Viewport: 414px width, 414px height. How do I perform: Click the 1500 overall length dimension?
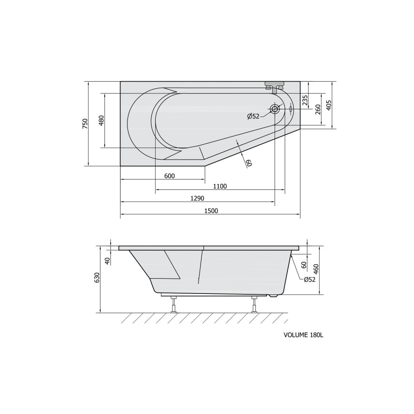(x=211, y=211)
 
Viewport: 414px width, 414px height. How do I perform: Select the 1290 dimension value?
(x=197, y=198)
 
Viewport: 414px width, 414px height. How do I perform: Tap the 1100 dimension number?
(x=220, y=186)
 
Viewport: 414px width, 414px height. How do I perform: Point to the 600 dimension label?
(x=169, y=176)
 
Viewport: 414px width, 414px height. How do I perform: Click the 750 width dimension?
(x=85, y=124)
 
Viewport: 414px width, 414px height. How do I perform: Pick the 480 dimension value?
(x=101, y=120)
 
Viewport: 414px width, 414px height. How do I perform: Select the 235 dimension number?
(x=305, y=100)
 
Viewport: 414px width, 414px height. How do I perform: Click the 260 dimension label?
(x=318, y=110)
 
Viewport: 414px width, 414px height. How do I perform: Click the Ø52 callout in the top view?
(x=253, y=116)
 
